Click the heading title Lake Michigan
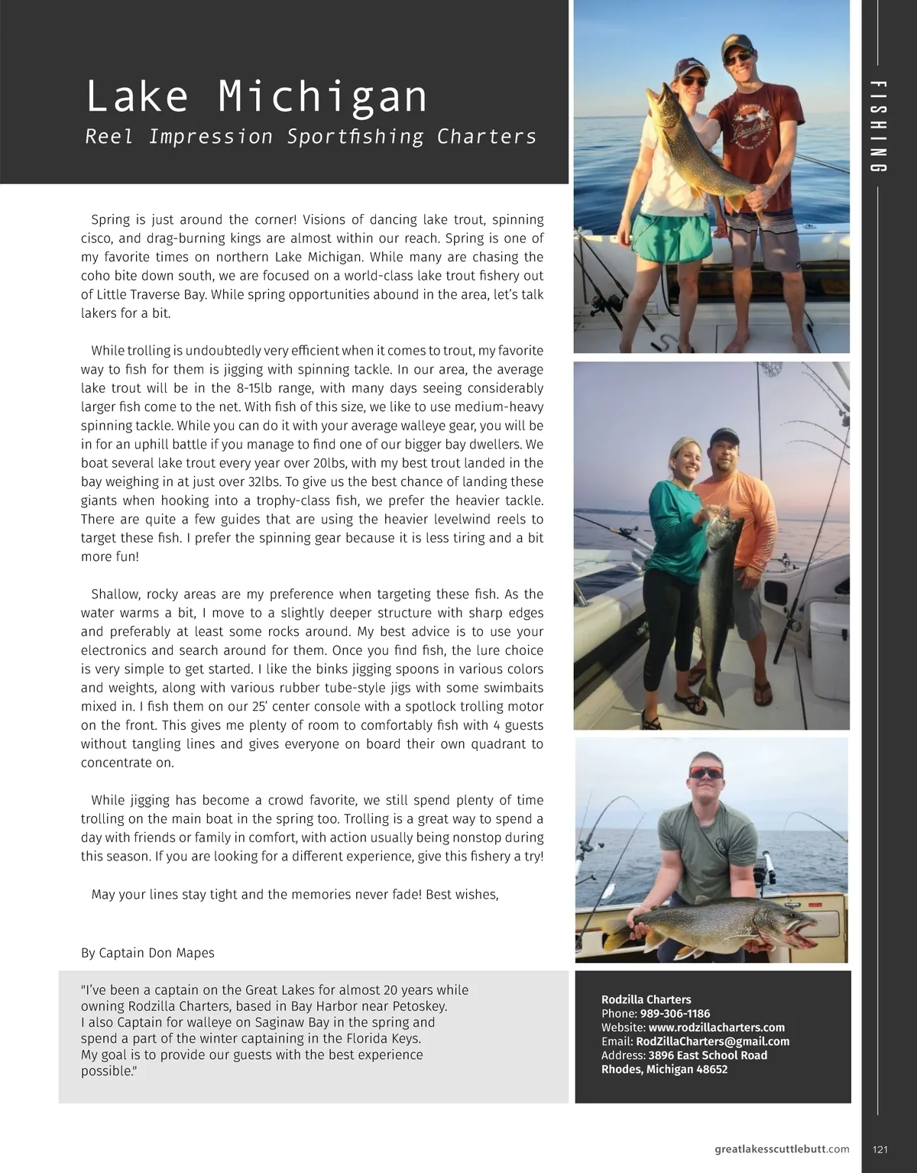pos(257,97)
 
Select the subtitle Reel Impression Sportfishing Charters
pos(310,137)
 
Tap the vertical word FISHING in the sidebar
pos(878,126)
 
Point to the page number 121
pos(879,1149)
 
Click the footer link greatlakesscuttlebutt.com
pos(782,1149)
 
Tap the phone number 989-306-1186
pos(675,1013)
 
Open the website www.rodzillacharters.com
pos(716,1027)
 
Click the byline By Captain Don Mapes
pos(147,953)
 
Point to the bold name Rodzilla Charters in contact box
pos(646,1000)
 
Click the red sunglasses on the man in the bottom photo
pos(705,773)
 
